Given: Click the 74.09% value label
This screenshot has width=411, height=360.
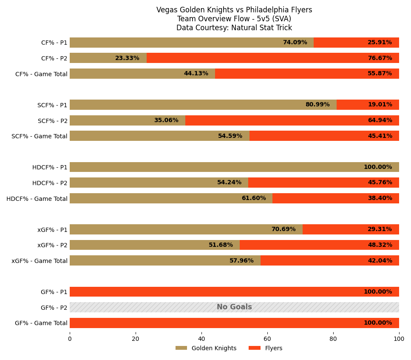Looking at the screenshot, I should pyautogui.click(x=295, y=43).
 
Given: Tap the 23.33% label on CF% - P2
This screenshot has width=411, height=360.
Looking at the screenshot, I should pyautogui.click(x=127, y=58).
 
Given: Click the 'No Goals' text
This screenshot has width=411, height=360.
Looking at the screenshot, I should pyautogui.click(x=234, y=307).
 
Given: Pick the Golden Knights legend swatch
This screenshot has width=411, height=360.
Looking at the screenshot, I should pyautogui.click(x=181, y=348).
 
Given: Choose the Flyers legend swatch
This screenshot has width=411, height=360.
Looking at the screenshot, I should pyautogui.click(x=255, y=348).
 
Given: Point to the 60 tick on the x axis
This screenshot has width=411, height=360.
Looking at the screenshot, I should pyautogui.click(x=267, y=339).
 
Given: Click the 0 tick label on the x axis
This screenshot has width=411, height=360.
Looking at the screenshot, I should pyautogui.click(x=70, y=339).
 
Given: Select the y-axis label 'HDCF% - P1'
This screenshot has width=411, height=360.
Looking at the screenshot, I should pyautogui.click(x=50, y=167).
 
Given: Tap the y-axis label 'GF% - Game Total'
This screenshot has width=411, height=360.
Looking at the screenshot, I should pyautogui.click(x=41, y=323).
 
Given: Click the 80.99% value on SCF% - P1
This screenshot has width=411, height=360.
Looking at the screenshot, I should pyautogui.click(x=317, y=105).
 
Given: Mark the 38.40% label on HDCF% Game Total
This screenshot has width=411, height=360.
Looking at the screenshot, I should pyautogui.click(x=380, y=198).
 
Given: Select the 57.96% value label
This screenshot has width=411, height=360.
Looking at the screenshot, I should pyautogui.click(x=241, y=261).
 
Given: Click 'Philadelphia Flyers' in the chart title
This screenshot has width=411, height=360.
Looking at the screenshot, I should pyautogui.click(x=280, y=10).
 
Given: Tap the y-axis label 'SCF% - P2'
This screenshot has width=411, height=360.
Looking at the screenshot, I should pyautogui.click(x=53, y=121).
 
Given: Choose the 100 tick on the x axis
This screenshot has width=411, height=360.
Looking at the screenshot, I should pyautogui.click(x=399, y=339).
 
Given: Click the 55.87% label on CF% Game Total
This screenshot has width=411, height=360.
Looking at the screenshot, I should pyautogui.click(x=380, y=74).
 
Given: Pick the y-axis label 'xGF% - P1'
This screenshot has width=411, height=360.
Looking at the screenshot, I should pyautogui.click(x=52, y=230).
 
